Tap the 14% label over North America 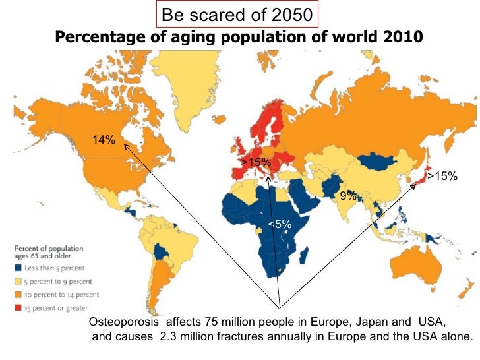(x=104, y=140)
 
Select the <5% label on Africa (x=279, y=224)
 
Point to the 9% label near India (x=348, y=195)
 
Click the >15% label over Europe (x=255, y=162)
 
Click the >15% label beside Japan (x=442, y=176)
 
